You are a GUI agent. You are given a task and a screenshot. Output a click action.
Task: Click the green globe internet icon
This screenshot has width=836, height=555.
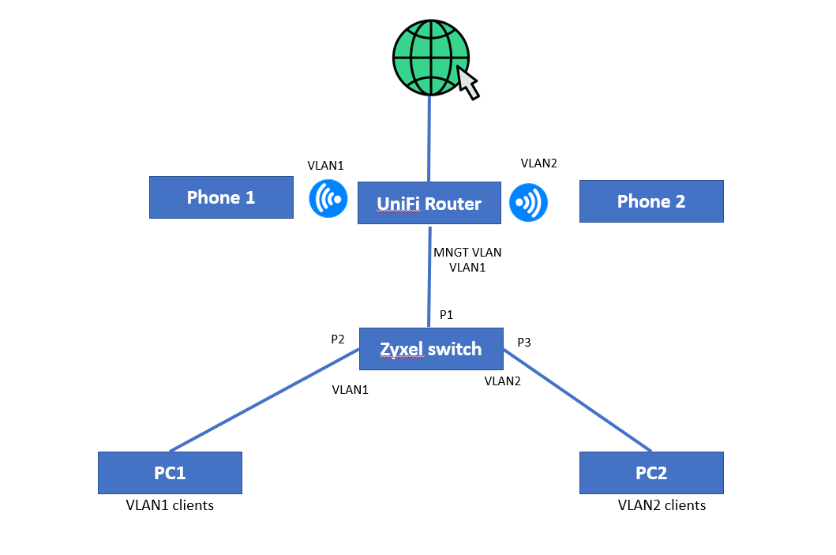[431, 58]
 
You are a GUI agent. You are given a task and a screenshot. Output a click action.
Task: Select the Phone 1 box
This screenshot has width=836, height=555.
[221, 197]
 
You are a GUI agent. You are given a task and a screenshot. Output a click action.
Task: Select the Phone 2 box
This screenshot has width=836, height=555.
[651, 201]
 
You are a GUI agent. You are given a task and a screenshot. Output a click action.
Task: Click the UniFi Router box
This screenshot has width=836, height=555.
[429, 203]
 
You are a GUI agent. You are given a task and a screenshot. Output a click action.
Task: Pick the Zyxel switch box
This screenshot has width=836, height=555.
[431, 349]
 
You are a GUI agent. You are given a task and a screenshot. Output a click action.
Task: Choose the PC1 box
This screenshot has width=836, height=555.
[170, 473]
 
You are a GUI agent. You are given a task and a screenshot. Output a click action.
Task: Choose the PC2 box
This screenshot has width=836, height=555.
[651, 473]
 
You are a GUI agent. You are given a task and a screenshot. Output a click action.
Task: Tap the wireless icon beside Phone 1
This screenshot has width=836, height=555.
[328, 199]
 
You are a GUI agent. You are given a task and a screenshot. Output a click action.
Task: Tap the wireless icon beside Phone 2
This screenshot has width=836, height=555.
[528, 203]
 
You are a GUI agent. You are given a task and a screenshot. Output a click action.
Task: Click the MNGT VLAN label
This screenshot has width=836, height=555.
[467, 252]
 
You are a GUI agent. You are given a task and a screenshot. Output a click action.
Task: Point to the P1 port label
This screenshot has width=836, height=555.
[446, 314]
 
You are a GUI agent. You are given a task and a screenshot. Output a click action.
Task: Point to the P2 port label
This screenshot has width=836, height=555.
[338, 339]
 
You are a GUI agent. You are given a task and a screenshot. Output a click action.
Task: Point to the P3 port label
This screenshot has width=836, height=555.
[524, 343]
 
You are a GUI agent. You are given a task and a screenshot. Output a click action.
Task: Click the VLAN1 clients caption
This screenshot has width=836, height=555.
[170, 505]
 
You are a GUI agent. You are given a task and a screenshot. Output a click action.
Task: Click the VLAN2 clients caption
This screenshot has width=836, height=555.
[662, 505]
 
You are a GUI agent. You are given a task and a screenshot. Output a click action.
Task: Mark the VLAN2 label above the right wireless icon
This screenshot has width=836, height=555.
[539, 163]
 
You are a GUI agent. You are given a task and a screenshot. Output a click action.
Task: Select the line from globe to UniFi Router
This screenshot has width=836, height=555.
[429, 139]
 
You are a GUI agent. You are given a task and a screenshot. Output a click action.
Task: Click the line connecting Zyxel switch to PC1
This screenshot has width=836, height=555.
[264, 400]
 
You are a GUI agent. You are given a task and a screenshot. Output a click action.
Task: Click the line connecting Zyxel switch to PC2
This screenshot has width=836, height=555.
[577, 400]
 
